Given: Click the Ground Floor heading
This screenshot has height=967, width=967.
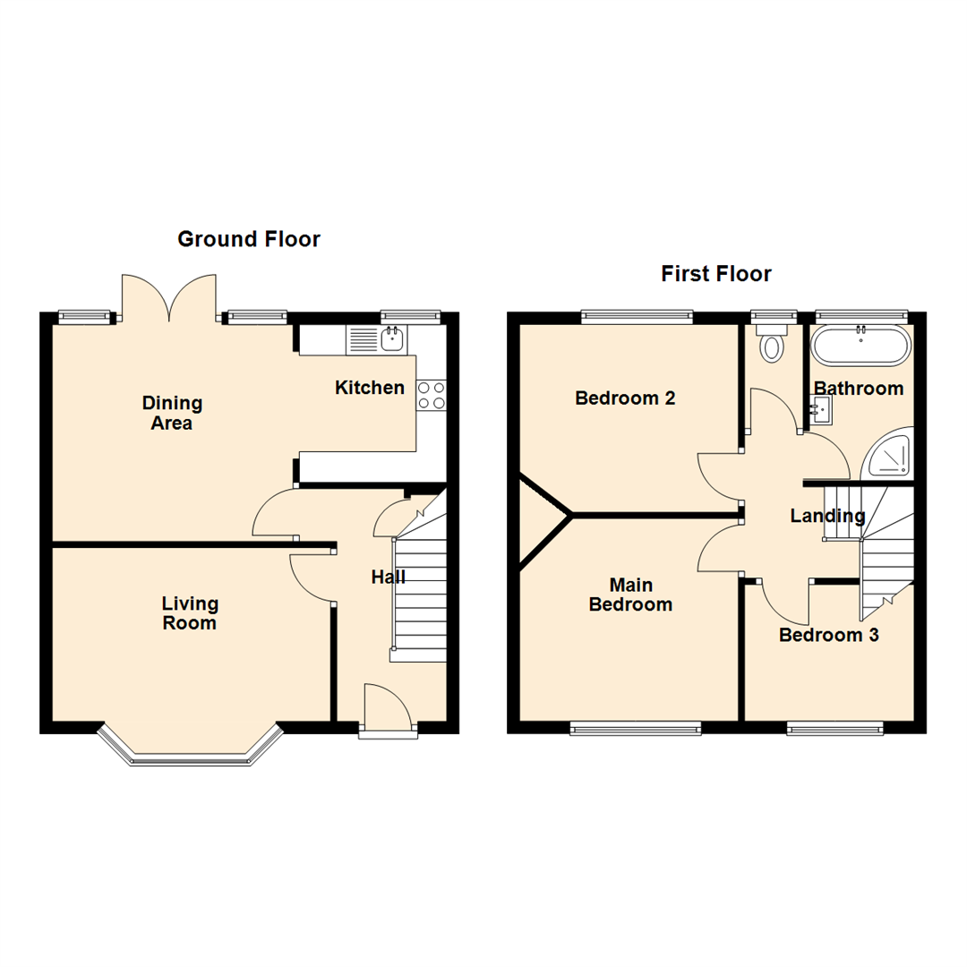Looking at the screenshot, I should pos(248,239).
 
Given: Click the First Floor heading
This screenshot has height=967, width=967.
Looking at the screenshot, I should pos(715,273).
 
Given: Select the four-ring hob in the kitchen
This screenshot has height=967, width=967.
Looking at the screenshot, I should pos(431,395).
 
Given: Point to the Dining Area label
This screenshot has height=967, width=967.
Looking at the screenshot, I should pos(172,413).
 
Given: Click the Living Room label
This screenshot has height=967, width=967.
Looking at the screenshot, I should pos(190,613).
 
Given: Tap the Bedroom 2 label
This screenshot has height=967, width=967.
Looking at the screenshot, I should pos(625,398).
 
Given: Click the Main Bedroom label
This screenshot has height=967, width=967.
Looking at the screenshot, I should pos(630,595).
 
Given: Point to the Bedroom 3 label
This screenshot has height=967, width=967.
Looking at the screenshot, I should pos(828,636).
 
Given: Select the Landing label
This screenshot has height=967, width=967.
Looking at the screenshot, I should pos(827,516).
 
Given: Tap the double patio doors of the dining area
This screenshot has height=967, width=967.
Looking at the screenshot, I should pos(169,296).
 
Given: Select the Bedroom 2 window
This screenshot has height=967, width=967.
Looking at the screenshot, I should pos(637,315).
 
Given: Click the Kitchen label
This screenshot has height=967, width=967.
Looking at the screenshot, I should pos(369,388).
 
